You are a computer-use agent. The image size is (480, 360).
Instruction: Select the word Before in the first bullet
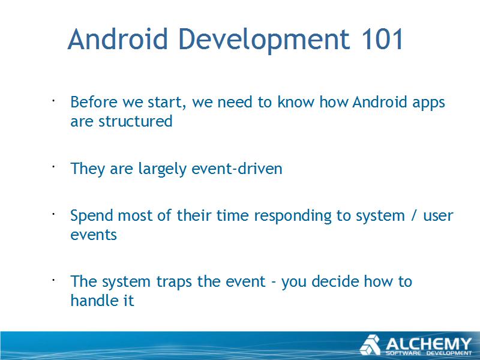point(94,101)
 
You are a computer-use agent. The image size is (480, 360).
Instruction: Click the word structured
point(136,121)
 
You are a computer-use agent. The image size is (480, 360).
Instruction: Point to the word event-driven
point(236,169)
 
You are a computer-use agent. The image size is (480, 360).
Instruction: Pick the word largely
point(162,169)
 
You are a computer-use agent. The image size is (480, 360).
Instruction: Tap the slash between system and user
point(414,215)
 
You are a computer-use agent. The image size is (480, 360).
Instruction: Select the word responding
point(293,216)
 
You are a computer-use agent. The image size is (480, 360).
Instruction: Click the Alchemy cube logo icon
point(370,345)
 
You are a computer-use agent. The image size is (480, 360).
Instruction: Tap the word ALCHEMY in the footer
point(428,343)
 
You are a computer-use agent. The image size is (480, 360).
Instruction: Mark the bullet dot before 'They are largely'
point(53,167)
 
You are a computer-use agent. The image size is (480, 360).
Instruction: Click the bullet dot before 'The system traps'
point(53,280)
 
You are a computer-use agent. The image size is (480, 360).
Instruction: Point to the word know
point(296,101)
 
